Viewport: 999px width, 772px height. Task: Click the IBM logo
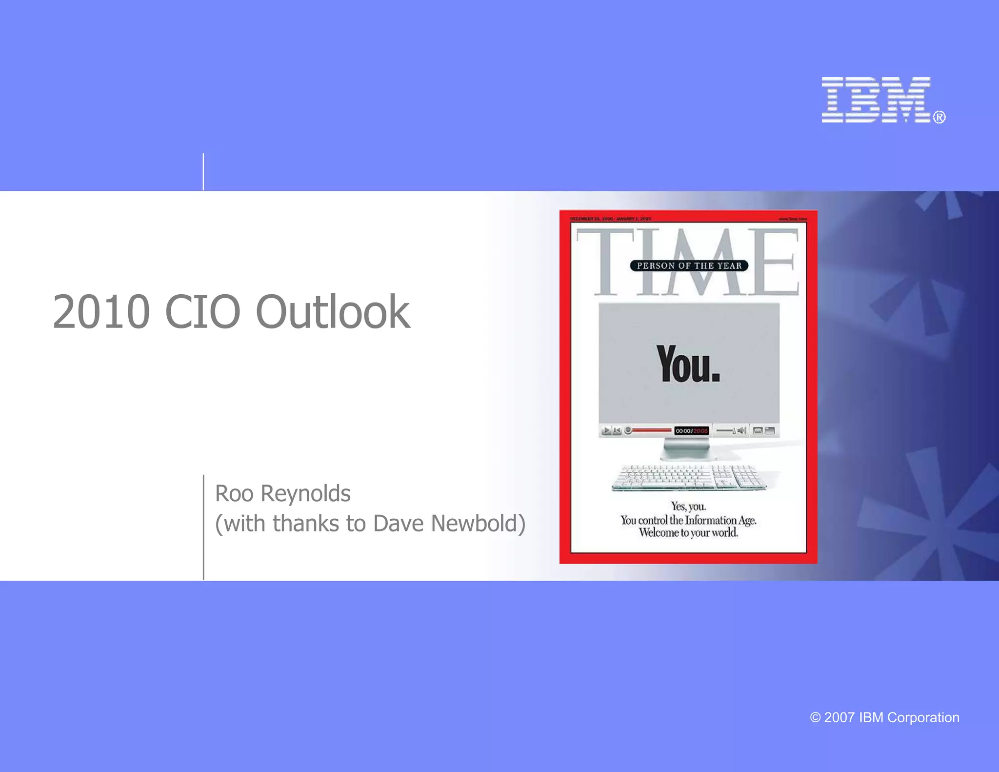876,100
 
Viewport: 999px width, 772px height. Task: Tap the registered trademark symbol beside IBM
939,117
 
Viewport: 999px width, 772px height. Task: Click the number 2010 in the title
101,312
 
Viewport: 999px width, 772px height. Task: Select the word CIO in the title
203,312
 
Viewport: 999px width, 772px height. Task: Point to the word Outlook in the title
333,312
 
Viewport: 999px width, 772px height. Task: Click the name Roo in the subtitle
234,494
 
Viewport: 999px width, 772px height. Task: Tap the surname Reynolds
306,494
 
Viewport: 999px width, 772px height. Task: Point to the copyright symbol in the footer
815,718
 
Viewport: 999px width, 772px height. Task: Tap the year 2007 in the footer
839,718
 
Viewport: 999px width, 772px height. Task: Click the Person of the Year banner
689,266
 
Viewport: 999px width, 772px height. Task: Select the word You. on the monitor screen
688,364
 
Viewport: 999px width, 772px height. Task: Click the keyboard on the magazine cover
689,477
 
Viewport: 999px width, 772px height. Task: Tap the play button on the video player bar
606,430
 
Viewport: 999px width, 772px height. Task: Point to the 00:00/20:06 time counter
691,431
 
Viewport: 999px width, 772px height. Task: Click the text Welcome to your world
688,533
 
